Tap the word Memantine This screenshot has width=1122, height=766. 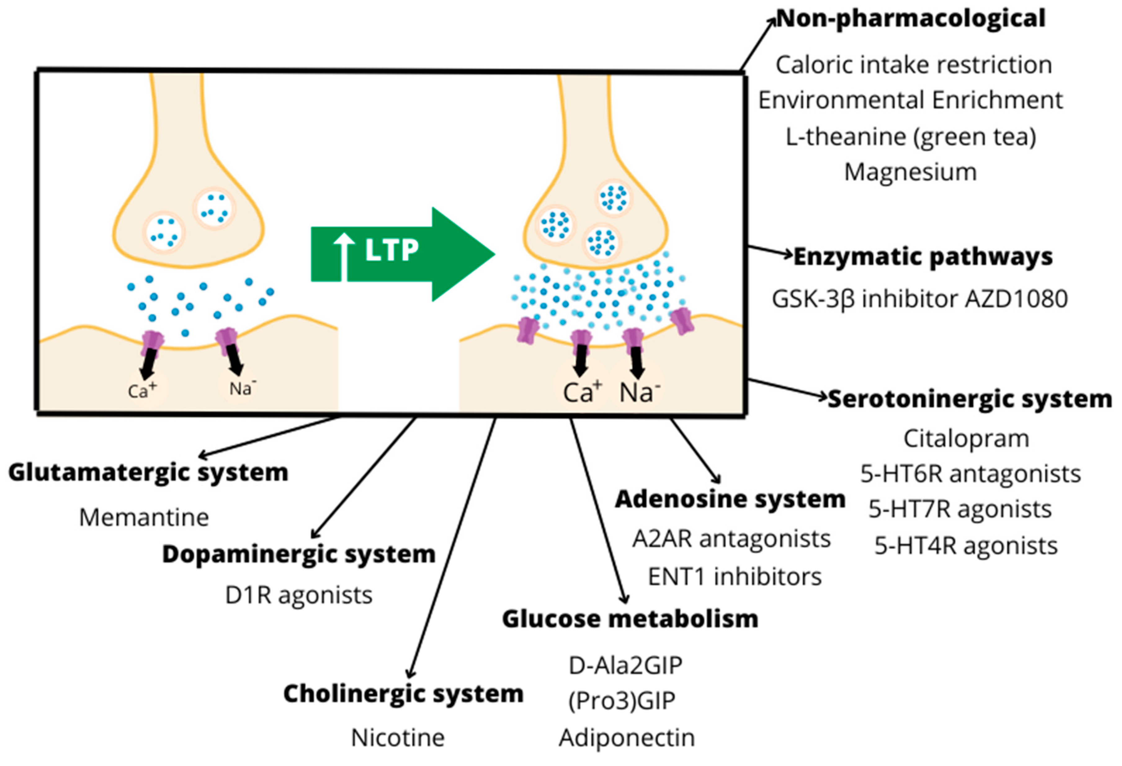click(x=144, y=518)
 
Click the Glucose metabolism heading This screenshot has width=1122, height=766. click(x=630, y=619)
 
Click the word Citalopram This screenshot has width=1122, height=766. click(x=966, y=439)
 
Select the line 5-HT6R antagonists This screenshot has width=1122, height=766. click(x=970, y=474)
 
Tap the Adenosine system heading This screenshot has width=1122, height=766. click(x=730, y=499)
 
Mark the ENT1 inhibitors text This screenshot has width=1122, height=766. click(x=734, y=577)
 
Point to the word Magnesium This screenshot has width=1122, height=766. click(x=910, y=173)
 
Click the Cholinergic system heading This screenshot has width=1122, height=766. click(x=403, y=694)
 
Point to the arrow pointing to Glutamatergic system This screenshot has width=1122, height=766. click(x=270, y=437)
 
